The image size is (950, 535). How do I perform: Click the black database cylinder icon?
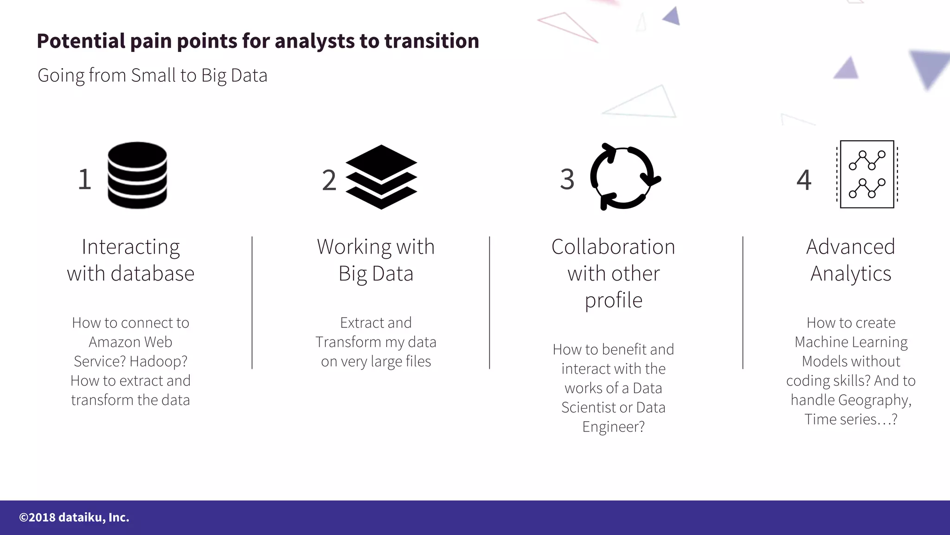click(137, 175)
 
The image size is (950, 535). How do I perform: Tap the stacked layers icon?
click(381, 177)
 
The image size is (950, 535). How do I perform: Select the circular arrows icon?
click(624, 176)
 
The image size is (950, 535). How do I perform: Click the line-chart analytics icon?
click(867, 175)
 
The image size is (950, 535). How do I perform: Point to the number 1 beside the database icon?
click(84, 179)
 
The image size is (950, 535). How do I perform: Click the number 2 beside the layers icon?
click(329, 180)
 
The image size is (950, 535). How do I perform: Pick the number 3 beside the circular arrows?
click(567, 179)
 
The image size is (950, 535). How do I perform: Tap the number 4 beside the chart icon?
click(804, 180)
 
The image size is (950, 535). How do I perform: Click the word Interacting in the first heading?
click(131, 247)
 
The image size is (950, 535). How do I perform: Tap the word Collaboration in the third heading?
click(613, 247)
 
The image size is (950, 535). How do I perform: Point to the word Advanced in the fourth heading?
click(850, 247)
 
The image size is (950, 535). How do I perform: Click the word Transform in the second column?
click(348, 342)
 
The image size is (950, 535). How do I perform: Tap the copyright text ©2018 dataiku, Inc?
click(74, 517)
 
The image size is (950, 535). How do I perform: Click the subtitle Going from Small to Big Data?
click(152, 75)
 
